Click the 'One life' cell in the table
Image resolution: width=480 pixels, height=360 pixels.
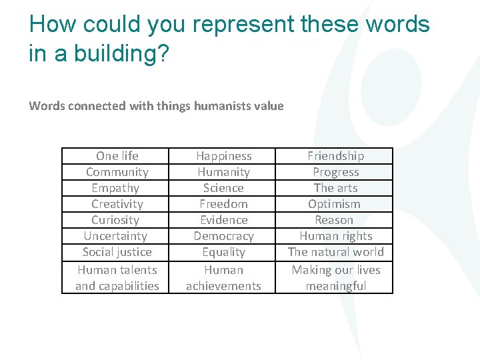[117, 156]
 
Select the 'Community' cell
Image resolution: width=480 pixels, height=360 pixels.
[117, 172]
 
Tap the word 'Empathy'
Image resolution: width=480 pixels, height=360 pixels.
[115, 188]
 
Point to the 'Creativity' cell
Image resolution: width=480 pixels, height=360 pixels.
[117, 204]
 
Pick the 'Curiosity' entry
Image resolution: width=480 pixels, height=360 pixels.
[115, 220]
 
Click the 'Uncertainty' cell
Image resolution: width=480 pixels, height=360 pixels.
[115, 236]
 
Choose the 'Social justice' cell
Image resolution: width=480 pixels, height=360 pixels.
[117, 252]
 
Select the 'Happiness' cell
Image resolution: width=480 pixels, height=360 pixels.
[224, 156]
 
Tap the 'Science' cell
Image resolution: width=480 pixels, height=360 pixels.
[224, 188]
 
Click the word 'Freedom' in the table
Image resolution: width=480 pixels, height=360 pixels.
[224, 204]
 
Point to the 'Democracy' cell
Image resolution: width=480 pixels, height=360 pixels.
[224, 236]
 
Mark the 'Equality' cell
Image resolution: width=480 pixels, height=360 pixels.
[224, 252]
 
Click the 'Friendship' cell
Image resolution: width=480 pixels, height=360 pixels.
[336, 156]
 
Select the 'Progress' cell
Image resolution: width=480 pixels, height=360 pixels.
[336, 172]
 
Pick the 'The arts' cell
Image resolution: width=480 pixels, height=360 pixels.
[336, 188]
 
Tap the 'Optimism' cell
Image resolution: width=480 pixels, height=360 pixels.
[335, 204]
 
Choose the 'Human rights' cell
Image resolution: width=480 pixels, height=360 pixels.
[336, 236]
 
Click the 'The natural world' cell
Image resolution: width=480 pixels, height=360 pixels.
[336, 252]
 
